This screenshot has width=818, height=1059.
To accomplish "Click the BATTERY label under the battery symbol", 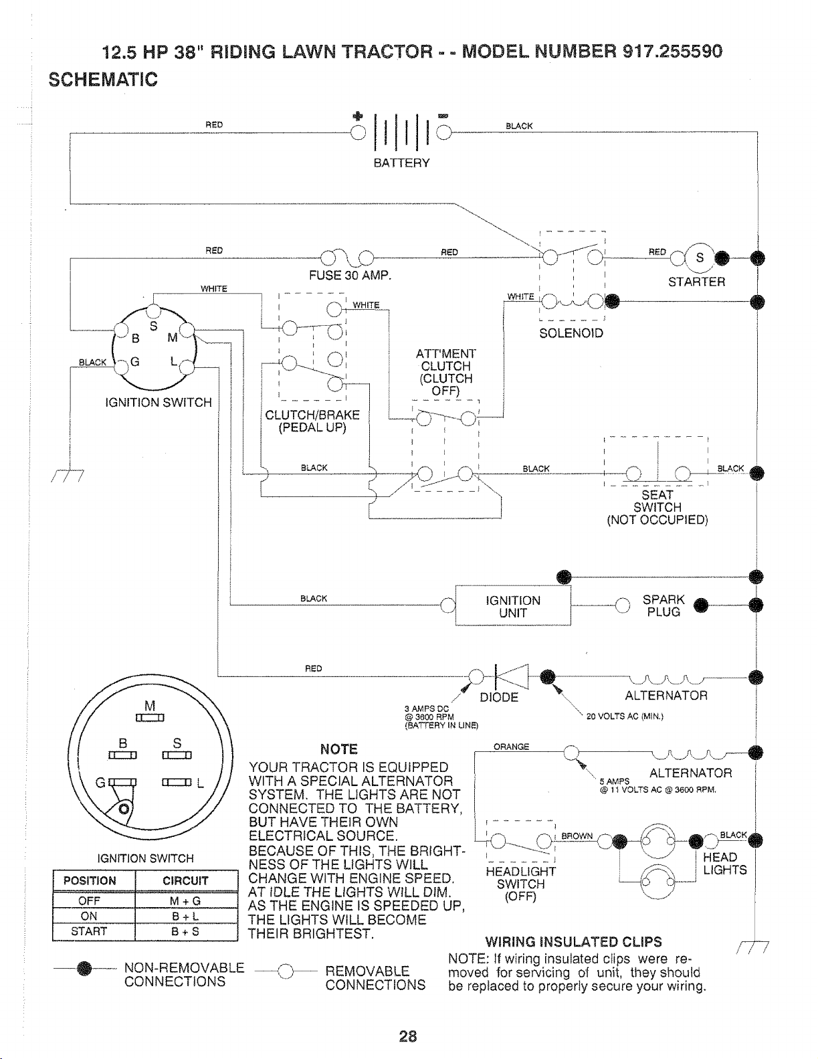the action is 401,163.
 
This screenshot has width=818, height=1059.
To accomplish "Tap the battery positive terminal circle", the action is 358,132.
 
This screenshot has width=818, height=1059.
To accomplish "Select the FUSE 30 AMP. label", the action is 350,276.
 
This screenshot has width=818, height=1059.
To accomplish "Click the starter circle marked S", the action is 700,258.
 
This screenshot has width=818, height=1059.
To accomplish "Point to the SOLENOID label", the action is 571,333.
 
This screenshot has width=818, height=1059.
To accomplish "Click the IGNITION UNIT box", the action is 513,606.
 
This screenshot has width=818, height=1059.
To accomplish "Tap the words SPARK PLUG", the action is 663,605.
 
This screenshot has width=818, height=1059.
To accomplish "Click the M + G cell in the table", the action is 185,901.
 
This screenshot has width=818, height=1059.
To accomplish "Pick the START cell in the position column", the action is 89,931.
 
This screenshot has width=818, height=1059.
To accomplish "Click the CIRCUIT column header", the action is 185,881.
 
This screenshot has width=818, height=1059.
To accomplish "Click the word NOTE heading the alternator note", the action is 338,749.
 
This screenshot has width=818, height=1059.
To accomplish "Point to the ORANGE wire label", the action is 511,747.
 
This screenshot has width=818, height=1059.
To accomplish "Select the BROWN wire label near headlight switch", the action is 577,836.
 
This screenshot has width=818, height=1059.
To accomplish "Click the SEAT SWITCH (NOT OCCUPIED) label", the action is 657,507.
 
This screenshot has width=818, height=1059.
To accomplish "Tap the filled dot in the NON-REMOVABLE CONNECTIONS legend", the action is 85,969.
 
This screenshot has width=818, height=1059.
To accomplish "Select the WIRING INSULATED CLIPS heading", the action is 573,942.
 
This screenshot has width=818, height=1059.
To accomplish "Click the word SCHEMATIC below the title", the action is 103,80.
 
